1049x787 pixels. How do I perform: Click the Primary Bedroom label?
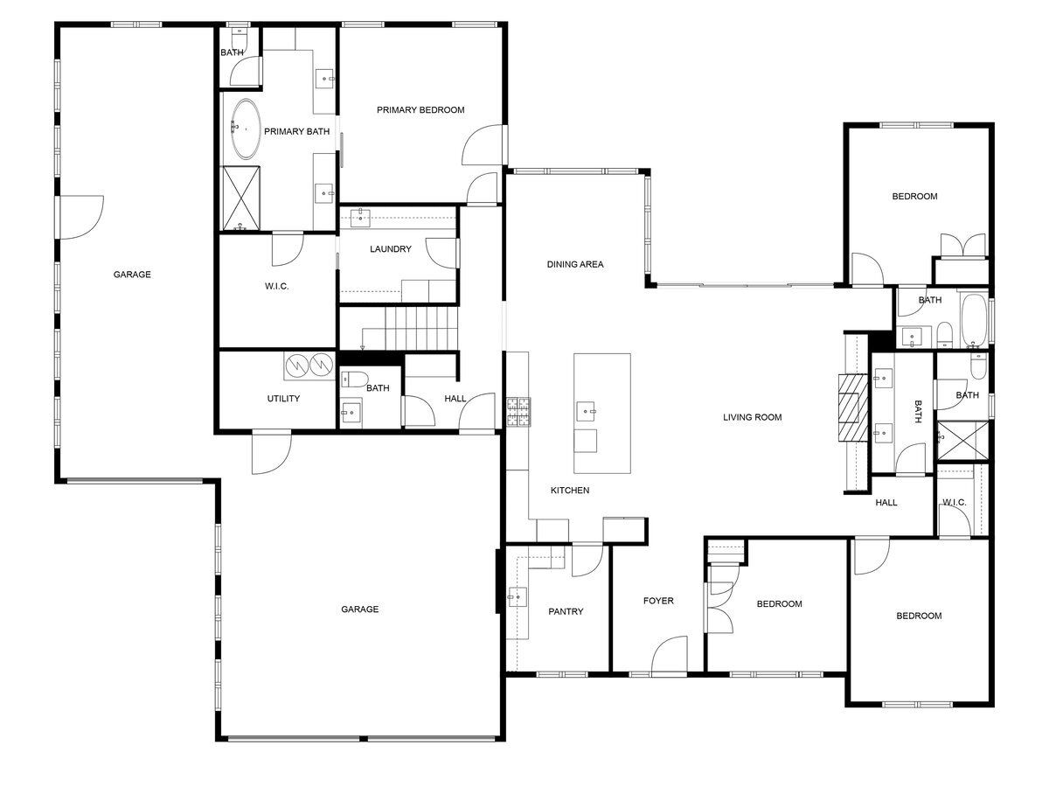point(420,110)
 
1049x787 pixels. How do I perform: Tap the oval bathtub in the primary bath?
point(245,129)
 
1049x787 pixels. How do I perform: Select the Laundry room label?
point(390,249)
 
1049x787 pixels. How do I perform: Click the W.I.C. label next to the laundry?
point(276,287)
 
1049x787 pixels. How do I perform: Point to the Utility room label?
point(284,399)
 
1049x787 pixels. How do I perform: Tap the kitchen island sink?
point(588,409)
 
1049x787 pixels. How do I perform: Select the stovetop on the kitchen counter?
point(518,412)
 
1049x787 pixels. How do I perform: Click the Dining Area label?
point(575,264)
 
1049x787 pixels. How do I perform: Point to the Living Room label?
point(752,417)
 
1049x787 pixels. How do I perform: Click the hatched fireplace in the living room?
point(850,410)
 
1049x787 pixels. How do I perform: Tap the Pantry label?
point(566,611)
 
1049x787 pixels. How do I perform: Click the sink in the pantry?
point(518,597)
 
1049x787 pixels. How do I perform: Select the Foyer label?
point(658,601)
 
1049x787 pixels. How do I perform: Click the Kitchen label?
point(569,491)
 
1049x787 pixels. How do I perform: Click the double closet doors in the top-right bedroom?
point(963,245)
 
